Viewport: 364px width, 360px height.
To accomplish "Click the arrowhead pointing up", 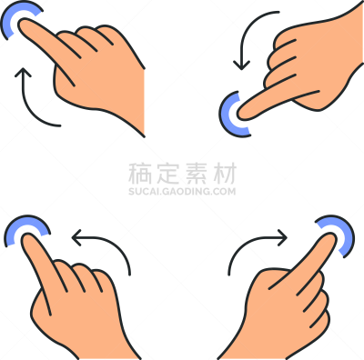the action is [x=24, y=72].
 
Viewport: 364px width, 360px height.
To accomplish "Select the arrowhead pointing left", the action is [x=76, y=237].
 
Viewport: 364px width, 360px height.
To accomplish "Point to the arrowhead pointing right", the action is [x=282, y=237].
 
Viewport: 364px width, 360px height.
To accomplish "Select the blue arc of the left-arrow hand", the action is [x=18, y=221].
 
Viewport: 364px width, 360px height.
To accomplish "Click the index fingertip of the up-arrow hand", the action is [x=22, y=24].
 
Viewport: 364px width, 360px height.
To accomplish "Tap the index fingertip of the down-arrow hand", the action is [x=242, y=115].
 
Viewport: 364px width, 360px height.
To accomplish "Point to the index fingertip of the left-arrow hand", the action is [x=26, y=238].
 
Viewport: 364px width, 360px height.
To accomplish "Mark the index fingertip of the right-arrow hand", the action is [x=331, y=237].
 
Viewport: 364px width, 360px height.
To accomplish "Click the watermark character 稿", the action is [x=140, y=174].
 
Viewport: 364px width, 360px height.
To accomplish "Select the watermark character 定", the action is [x=168, y=174].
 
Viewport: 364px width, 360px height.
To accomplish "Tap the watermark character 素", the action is [x=197, y=174].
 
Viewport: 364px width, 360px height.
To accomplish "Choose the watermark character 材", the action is [x=225, y=174].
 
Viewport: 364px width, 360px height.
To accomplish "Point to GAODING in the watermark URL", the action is [x=186, y=192].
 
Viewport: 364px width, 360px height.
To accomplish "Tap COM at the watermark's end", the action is [x=224, y=192].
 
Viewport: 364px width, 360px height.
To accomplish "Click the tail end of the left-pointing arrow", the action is [x=130, y=275].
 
